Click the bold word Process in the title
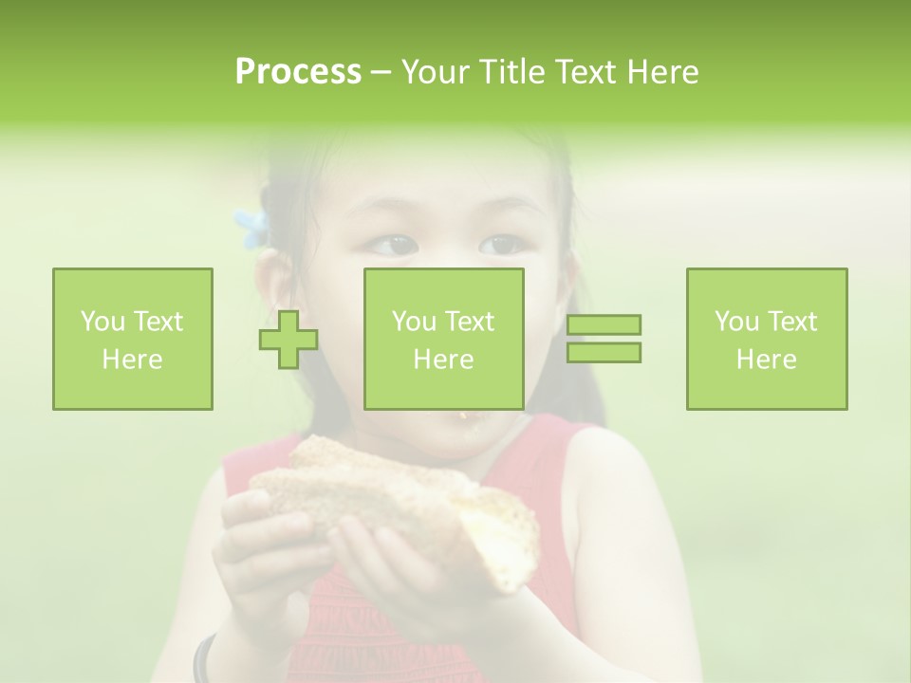298,72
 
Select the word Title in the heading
510,72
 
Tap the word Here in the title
661,72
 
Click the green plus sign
288,340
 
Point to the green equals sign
604,339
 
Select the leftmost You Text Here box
133,339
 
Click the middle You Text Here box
444,339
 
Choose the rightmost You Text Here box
767,339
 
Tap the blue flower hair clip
252,228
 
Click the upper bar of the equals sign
604,325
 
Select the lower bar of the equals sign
604,352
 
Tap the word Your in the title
434,72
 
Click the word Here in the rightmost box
767,360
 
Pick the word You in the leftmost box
102,322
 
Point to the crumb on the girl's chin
463,415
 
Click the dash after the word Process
380,72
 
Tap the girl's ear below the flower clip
272,285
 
